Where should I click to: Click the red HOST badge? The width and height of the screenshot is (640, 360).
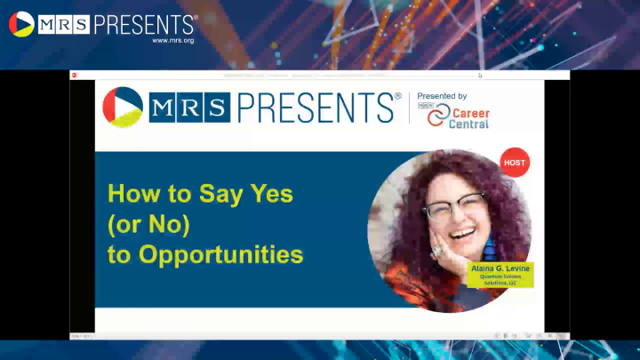pyautogui.click(x=515, y=163)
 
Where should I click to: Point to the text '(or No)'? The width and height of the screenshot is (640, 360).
pyautogui.click(x=149, y=224)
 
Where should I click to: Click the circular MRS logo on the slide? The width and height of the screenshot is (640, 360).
pyautogui.click(x=122, y=107)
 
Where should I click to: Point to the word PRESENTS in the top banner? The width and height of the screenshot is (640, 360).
pyautogui.click(x=141, y=23)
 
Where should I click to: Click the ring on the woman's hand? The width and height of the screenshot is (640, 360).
pyautogui.click(x=436, y=252)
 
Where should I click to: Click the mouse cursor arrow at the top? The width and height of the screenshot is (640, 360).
pyautogui.click(x=480, y=76)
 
